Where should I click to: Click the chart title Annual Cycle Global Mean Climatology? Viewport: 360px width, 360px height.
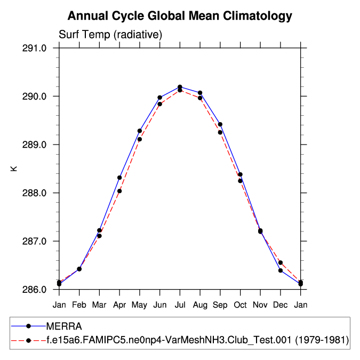[x=180, y=16]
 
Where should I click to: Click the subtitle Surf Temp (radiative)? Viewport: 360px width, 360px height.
[x=110, y=35]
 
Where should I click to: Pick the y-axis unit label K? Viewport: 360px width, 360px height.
[x=14, y=169]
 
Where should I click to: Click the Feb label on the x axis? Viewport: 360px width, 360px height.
[x=79, y=305]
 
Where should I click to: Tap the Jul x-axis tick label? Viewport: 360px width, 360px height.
[x=180, y=305]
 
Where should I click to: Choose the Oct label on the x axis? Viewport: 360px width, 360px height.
[x=241, y=305]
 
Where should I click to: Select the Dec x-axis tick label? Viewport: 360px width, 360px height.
[x=281, y=305]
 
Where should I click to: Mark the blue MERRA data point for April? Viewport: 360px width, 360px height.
[x=119, y=178]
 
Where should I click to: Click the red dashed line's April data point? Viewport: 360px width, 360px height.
[x=119, y=191]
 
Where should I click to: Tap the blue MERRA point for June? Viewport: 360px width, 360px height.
[x=159, y=98]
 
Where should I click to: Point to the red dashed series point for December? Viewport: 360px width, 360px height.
[x=281, y=262]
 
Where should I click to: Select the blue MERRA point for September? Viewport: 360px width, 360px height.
[x=220, y=124]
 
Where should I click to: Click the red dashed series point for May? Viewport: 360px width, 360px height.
[x=140, y=139]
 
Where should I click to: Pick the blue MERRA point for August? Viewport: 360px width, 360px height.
[x=200, y=93]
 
